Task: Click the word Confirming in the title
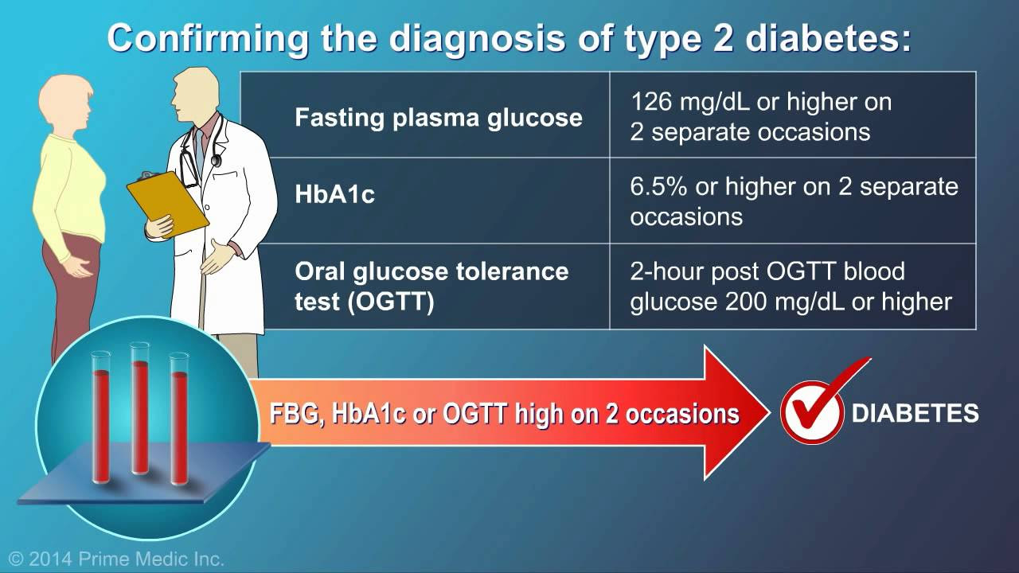[x=208, y=40]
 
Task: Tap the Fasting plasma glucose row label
[x=439, y=117]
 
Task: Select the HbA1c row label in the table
[x=335, y=194]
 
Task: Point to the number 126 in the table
[x=651, y=101]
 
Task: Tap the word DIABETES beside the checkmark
[x=916, y=413]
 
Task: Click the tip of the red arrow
[x=770, y=412]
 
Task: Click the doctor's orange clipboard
[x=167, y=205]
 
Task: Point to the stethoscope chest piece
[x=216, y=160]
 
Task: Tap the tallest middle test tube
[x=139, y=408]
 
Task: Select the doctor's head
[x=196, y=94]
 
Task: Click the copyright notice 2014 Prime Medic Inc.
[x=116, y=559]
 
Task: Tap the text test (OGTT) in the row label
[x=365, y=302]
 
